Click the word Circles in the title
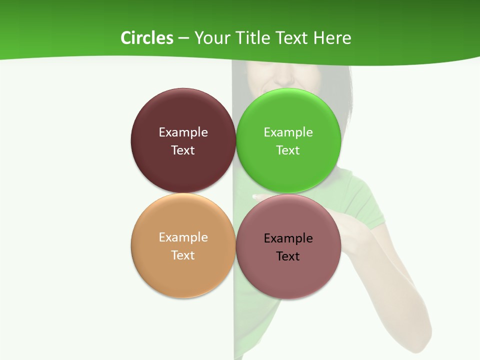click(x=146, y=38)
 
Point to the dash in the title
click(x=183, y=38)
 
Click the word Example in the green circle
click(x=288, y=132)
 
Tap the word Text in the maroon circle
click(x=183, y=150)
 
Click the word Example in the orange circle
click(x=183, y=237)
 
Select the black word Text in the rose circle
click(x=288, y=256)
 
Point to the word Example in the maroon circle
click(x=183, y=132)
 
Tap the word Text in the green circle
click(x=288, y=150)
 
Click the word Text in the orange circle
click(x=183, y=255)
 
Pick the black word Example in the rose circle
click(x=288, y=238)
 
